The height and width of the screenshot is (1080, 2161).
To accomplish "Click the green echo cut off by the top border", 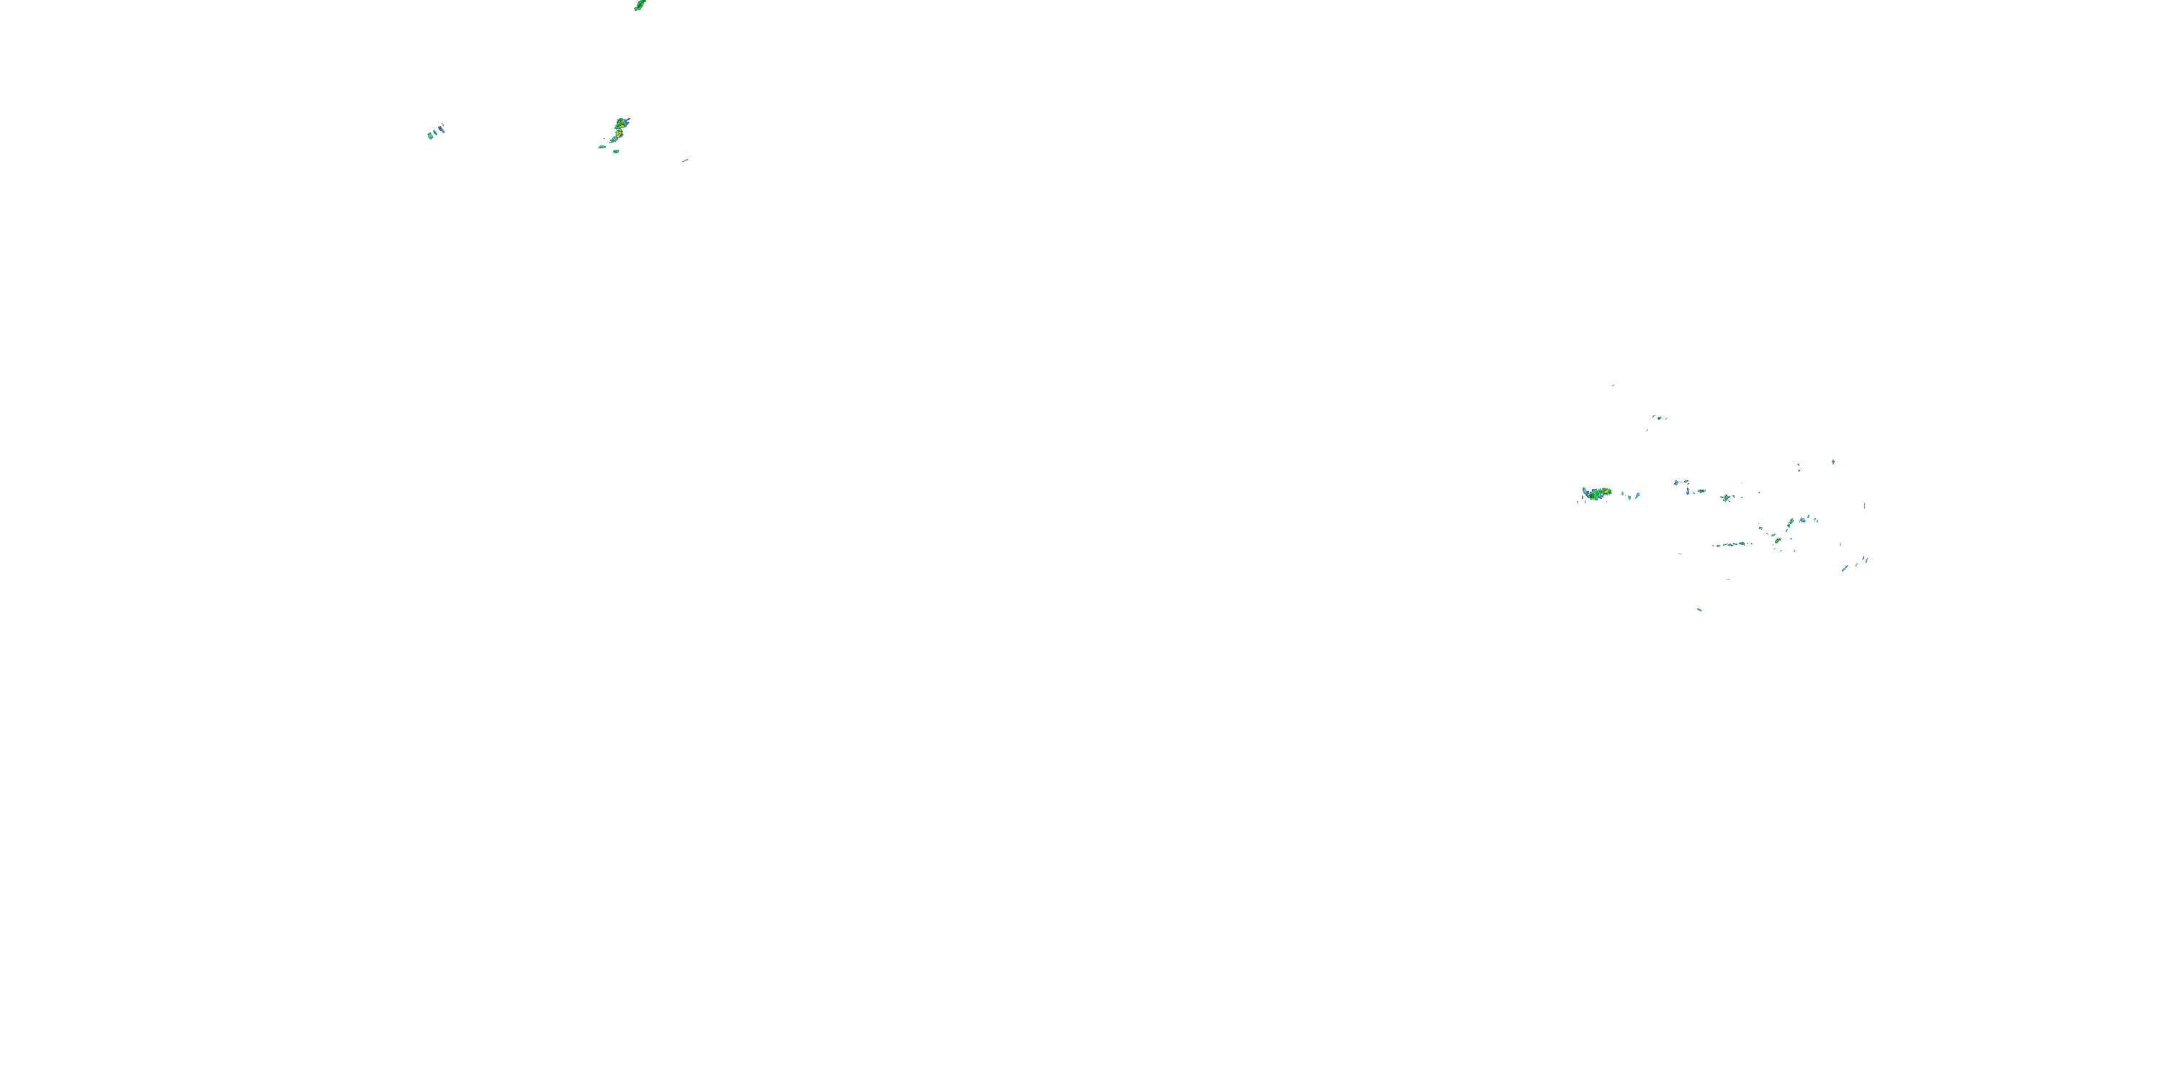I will tap(639, 5).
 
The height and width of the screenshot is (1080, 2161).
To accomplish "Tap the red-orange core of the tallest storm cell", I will tap(619, 132).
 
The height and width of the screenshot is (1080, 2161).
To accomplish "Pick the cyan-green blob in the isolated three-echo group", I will tap(430, 135).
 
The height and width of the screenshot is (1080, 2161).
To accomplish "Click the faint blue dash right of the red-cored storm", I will tap(685, 160).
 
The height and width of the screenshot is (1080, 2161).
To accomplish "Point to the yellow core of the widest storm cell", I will tap(1606, 491).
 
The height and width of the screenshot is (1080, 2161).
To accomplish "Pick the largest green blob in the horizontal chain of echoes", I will tap(1742, 544).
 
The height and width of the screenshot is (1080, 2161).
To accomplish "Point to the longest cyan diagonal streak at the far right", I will tap(1845, 569).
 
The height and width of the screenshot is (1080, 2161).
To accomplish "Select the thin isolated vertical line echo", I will tap(1865, 505).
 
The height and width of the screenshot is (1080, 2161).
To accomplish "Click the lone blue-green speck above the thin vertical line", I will tap(1833, 462).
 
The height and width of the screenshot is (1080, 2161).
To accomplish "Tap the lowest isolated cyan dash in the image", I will tap(1699, 610).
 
